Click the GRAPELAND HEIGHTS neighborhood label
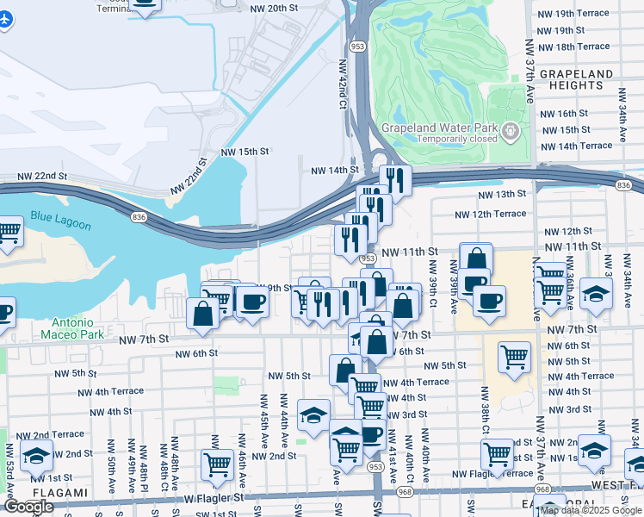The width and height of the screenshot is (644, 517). point(576,80)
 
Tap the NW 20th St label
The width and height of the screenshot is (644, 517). point(275,8)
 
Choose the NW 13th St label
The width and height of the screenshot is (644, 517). point(502,195)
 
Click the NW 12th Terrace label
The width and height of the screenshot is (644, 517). point(490,214)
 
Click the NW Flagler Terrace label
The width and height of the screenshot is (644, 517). point(492,474)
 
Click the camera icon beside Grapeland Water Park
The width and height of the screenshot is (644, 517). point(511,132)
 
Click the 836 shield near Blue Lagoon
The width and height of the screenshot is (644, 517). point(139,217)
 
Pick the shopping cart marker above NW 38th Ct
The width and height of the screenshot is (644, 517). point(514,356)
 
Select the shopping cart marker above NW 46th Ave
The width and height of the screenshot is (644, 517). point(217,464)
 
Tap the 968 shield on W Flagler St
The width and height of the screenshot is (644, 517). point(406,492)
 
